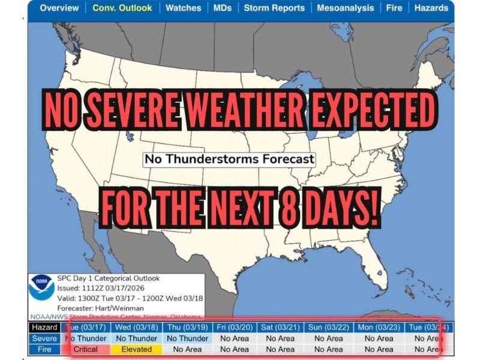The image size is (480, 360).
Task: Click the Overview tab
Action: [x=59, y=8]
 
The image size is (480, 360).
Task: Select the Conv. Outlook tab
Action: [x=122, y=8]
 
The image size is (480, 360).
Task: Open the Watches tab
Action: [x=183, y=8]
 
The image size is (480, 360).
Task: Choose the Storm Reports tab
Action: [x=274, y=8]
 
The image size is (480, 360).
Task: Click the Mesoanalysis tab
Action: [x=346, y=8]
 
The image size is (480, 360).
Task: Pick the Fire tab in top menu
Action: [x=394, y=8]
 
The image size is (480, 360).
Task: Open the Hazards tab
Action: [x=431, y=8]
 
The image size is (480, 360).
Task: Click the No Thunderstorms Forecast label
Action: [x=229, y=160]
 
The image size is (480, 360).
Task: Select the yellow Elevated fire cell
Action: [x=137, y=349]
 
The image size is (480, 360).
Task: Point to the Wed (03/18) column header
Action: [x=137, y=328]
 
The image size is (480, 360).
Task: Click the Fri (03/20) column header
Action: [x=233, y=328]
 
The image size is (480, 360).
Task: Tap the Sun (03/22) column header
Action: [x=329, y=328]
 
